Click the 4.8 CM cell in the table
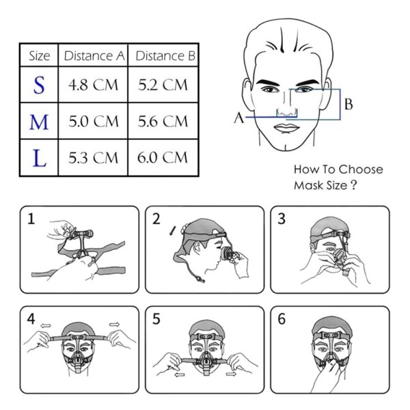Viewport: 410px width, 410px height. (x=93, y=86)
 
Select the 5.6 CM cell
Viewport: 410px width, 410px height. (x=163, y=122)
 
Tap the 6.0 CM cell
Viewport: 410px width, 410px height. (x=163, y=158)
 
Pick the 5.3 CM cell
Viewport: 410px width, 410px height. (x=93, y=158)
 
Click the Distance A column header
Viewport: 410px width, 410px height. (x=94, y=55)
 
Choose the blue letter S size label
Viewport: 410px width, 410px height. (x=39, y=86)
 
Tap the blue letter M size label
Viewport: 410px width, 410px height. (x=40, y=122)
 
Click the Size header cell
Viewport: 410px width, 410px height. (x=39, y=55)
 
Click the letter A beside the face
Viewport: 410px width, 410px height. (x=238, y=118)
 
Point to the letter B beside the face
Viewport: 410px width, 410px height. (x=348, y=105)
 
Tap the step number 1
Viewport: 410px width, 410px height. (x=31, y=219)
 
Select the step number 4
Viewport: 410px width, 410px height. (x=31, y=319)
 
